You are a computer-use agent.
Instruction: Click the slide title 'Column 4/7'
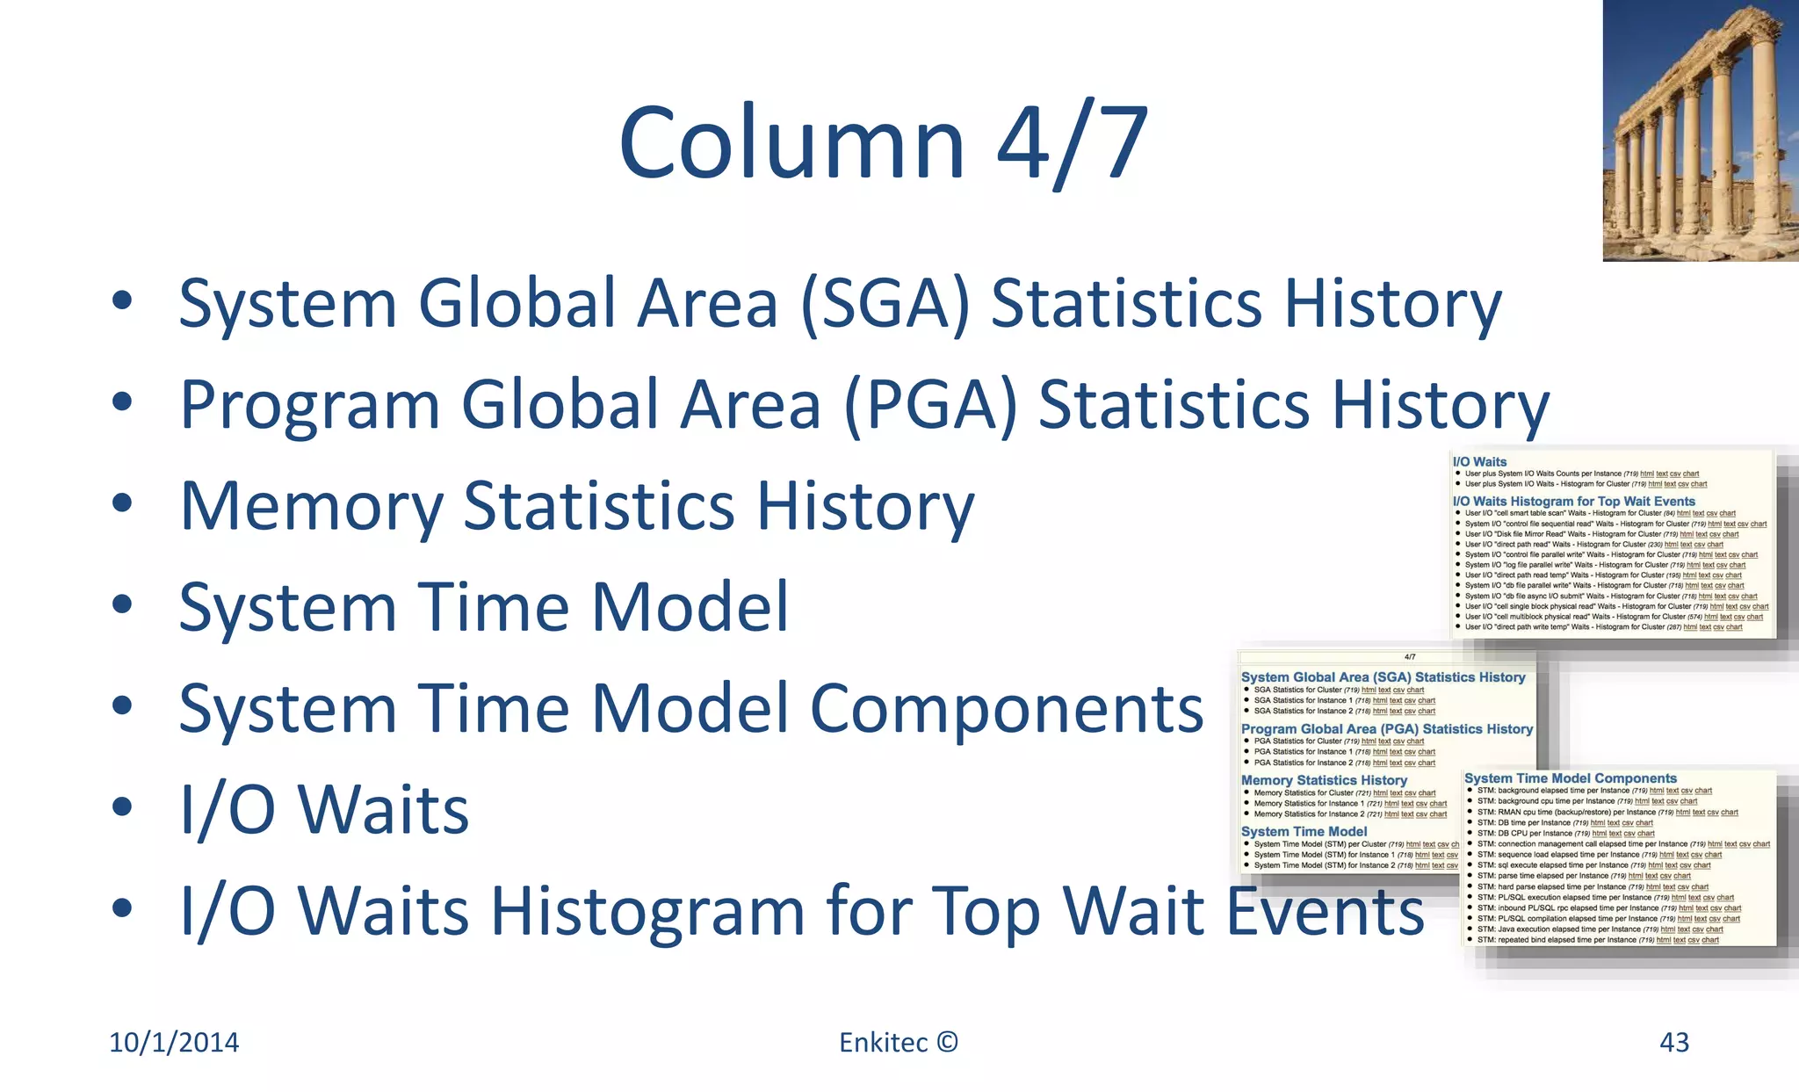(x=883, y=142)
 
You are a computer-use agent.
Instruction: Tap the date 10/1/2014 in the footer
(x=174, y=1042)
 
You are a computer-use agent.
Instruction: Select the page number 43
(x=1673, y=1042)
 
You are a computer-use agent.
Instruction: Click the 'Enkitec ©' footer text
(x=898, y=1042)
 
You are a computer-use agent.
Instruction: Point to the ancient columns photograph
(x=1700, y=130)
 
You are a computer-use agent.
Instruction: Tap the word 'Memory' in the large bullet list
(x=312, y=507)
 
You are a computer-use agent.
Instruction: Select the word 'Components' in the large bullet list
(x=1007, y=708)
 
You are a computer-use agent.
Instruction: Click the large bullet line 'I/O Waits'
(x=323, y=809)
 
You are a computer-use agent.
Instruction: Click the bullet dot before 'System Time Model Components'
(x=122, y=705)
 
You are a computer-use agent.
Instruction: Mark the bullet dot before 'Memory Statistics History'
(x=122, y=503)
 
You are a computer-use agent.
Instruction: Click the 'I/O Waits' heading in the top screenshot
(x=1479, y=461)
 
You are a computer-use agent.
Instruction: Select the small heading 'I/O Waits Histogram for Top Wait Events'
(x=1573, y=501)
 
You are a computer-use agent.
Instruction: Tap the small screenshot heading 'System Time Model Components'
(x=1570, y=778)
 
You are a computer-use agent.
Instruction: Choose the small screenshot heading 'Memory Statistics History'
(x=1324, y=780)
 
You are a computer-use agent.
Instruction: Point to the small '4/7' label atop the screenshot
(x=1410, y=657)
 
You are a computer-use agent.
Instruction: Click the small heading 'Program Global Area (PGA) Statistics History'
(x=1386, y=728)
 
